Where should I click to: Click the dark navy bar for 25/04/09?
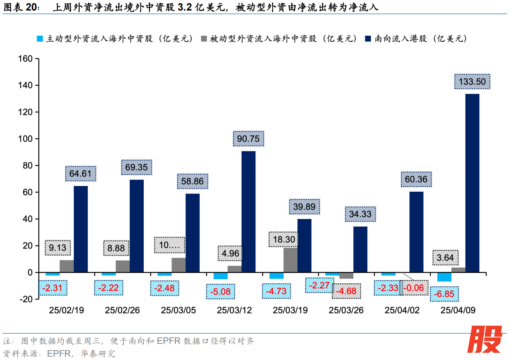(x=472, y=183)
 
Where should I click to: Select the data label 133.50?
(x=472, y=82)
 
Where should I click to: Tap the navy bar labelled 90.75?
(x=248, y=212)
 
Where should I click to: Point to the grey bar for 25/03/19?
(x=290, y=260)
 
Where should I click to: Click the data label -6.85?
(x=444, y=294)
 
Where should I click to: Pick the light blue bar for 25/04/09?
(x=444, y=277)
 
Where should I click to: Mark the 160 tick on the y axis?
(x=26, y=59)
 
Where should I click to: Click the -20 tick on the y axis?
(x=26, y=299)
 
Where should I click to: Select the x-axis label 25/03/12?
(x=234, y=310)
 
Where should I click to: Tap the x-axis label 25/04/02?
(x=402, y=310)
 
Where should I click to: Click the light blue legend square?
(x=40, y=39)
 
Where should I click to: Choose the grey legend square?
(x=204, y=39)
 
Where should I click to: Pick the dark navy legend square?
(x=368, y=39)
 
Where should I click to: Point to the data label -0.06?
(x=414, y=288)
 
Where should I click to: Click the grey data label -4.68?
(x=346, y=291)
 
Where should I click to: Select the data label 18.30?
(x=284, y=239)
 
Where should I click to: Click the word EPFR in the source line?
(x=59, y=354)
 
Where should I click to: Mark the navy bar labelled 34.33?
(x=360, y=249)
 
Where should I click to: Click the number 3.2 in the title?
(x=185, y=7)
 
